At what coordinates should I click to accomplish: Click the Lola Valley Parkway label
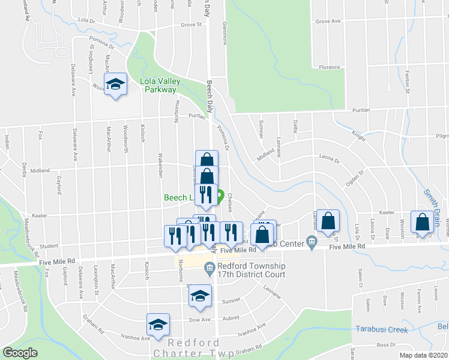click(158, 85)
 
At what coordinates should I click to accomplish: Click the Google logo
click(20, 353)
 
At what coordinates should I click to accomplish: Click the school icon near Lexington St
click(115, 85)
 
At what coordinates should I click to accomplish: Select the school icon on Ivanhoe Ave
click(158, 325)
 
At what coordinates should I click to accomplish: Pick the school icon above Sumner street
click(200, 295)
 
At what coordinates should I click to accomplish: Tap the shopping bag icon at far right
click(423, 221)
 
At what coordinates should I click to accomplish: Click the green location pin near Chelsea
click(220, 196)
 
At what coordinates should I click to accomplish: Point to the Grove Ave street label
click(328, 21)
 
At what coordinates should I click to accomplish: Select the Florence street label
click(330, 67)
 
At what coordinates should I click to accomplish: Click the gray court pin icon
click(209, 268)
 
